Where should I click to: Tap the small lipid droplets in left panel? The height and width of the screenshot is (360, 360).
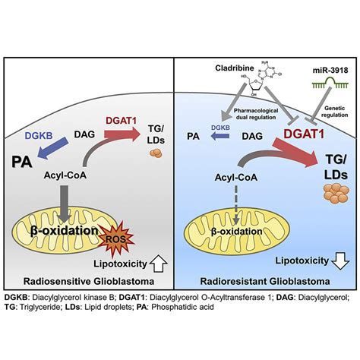point(153,155)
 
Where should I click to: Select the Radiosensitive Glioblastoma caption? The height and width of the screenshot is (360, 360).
point(90,279)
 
